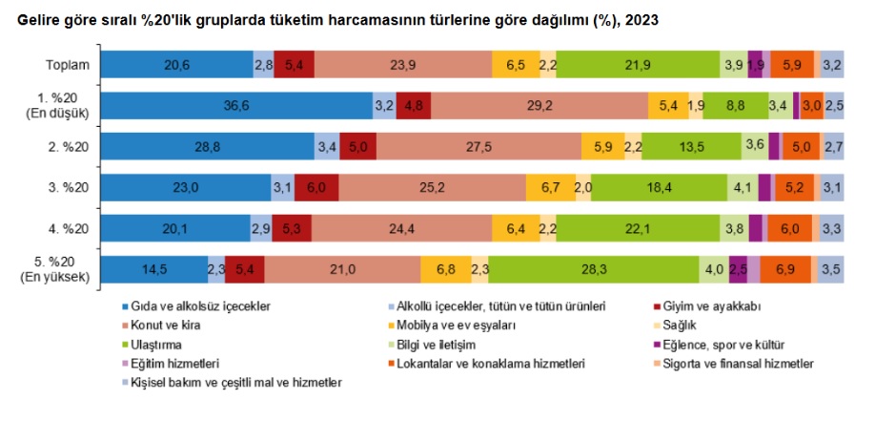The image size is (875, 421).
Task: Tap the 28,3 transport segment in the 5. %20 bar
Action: pos(594,270)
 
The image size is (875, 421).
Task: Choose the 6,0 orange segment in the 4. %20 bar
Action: pos(789,229)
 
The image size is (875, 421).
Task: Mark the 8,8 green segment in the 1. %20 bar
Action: pos(735,106)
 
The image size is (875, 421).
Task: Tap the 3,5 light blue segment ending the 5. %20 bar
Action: pos(831,270)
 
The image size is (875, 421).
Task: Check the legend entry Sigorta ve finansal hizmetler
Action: pos(748,364)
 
